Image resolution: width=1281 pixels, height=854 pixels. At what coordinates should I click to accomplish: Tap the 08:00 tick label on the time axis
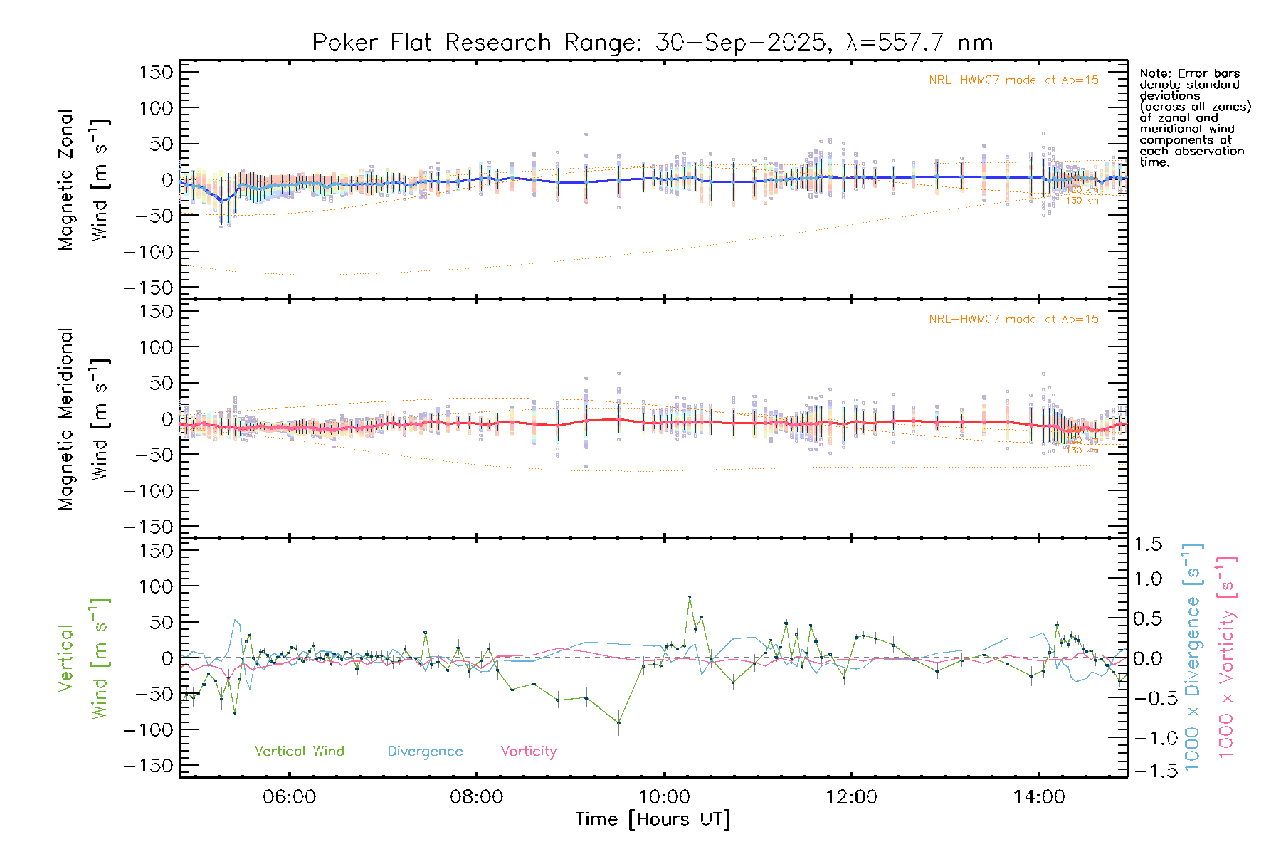(476, 796)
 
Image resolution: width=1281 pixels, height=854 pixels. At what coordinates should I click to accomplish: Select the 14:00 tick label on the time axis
(1039, 796)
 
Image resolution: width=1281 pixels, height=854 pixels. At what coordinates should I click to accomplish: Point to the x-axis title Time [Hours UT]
(652, 819)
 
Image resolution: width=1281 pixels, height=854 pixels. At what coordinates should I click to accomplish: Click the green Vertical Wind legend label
(299, 751)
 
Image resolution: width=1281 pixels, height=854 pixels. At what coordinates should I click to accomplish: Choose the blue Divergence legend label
(425, 751)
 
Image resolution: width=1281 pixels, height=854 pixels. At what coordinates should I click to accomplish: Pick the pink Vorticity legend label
(528, 751)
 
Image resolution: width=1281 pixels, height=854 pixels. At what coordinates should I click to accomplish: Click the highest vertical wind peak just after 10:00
(689, 596)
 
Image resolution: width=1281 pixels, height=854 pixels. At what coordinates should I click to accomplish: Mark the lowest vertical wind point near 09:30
(618, 723)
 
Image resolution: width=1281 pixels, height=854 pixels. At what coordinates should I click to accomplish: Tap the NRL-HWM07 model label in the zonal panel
(1013, 80)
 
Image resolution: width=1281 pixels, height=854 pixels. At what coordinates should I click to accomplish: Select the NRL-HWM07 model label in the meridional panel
(1013, 320)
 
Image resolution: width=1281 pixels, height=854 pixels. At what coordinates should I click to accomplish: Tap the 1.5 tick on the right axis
(1147, 544)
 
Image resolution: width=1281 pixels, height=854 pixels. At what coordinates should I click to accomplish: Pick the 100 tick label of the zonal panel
(156, 108)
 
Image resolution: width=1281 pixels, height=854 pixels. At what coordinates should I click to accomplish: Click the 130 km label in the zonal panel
(1082, 201)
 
